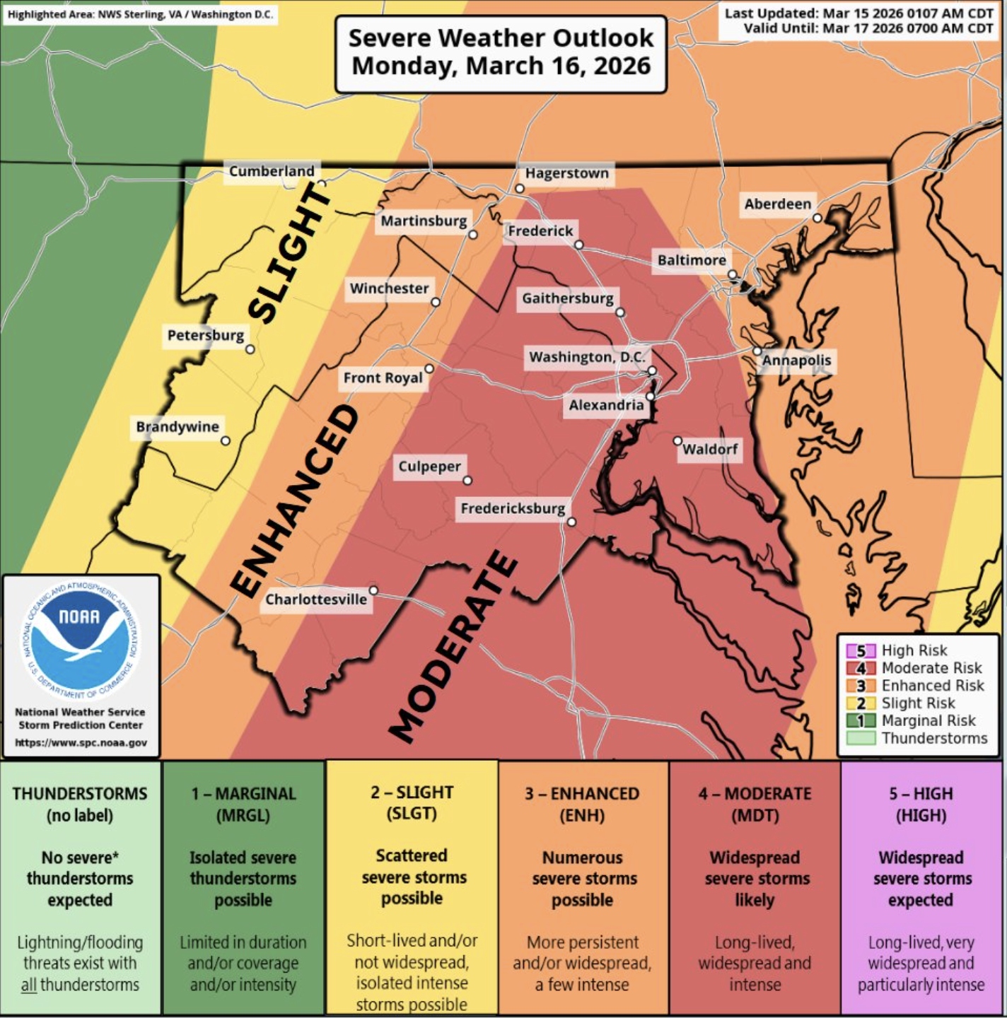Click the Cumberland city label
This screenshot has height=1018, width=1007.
click(x=272, y=171)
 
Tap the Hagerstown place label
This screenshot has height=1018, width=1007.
click(x=566, y=173)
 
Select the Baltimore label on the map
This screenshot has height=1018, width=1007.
click(x=692, y=260)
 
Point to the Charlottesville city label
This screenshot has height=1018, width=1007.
click(x=316, y=599)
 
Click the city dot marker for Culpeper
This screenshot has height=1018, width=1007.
click(x=467, y=481)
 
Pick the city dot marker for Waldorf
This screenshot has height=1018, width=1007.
click(x=677, y=440)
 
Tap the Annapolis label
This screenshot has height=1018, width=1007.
click(x=796, y=361)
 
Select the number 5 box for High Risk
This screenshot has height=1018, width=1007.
click(x=861, y=650)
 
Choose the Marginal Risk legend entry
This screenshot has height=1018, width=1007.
click(x=928, y=720)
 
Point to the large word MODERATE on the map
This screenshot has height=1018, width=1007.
click(x=453, y=647)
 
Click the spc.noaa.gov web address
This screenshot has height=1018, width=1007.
click(x=81, y=743)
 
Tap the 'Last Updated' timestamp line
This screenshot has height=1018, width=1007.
click(x=858, y=13)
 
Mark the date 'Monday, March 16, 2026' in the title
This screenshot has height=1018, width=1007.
click(x=501, y=66)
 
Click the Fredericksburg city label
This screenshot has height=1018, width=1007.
click(x=513, y=508)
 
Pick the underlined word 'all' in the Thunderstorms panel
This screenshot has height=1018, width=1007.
click(x=28, y=985)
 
